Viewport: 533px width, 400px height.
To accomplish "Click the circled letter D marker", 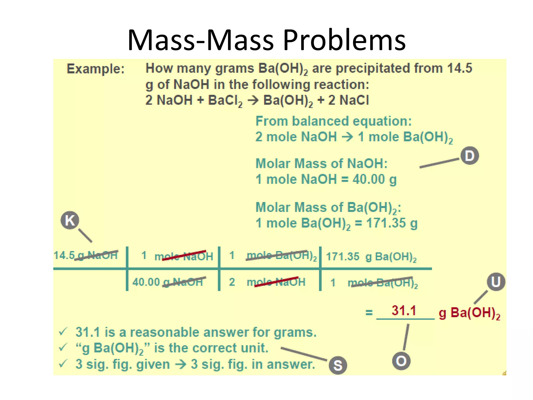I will click(x=469, y=156).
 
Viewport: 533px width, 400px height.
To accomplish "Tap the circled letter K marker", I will click(x=70, y=220).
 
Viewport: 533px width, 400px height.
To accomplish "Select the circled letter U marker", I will click(x=496, y=282).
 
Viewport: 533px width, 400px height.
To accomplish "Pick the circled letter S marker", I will click(x=338, y=365).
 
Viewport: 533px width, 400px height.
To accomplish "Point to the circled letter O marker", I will click(x=401, y=361).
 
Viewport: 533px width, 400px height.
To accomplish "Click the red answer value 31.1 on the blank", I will click(x=404, y=311).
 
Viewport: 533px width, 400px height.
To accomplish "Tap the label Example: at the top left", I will click(x=96, y=69).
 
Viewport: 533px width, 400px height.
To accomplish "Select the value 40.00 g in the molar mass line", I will click(x=375, y=179).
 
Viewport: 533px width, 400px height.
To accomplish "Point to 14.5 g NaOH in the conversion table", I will click(x=86, y=255).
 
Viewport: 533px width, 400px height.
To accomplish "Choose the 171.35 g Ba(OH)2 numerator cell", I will click(x=371, y=257).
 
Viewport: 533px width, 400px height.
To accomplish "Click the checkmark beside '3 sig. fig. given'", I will click(x=63, y=364).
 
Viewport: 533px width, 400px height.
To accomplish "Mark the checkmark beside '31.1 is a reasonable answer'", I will click(x=63, y=332).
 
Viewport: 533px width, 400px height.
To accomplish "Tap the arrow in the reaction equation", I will click(x=253, y=101).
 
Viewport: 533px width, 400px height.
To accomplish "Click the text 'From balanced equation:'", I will click(x=333, y=121).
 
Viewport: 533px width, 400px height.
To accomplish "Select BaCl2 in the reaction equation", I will click(x=225, y=101).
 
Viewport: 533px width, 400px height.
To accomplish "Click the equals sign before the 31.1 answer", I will click(x=369, y=312).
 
